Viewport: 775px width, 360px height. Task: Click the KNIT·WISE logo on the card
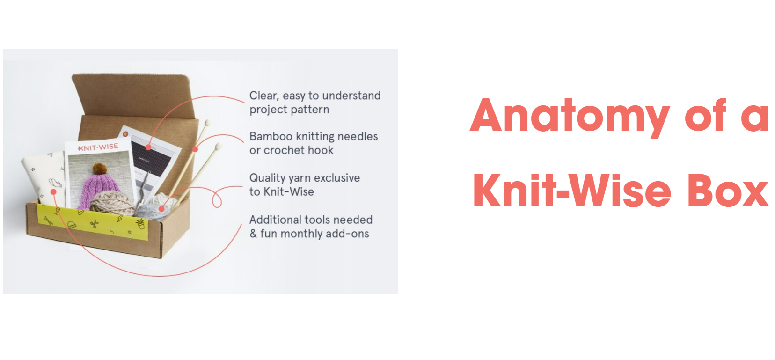click(x=98, y=147)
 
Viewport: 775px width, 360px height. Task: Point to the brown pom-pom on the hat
click(x=99, y=168)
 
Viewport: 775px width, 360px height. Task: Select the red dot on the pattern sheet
click(x=148, y=147)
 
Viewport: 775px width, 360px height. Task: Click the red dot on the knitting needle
click(x=195, y=149)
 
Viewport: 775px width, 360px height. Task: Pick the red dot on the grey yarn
click(x=161, y=209)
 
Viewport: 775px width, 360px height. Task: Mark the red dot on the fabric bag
click(x=53, y=192)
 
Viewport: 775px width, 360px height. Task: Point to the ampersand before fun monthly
click(x=253, y=234)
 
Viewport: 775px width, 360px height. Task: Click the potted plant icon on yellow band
click(x=140, y=224)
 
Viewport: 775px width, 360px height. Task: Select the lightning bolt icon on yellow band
click(x=120, y=219)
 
